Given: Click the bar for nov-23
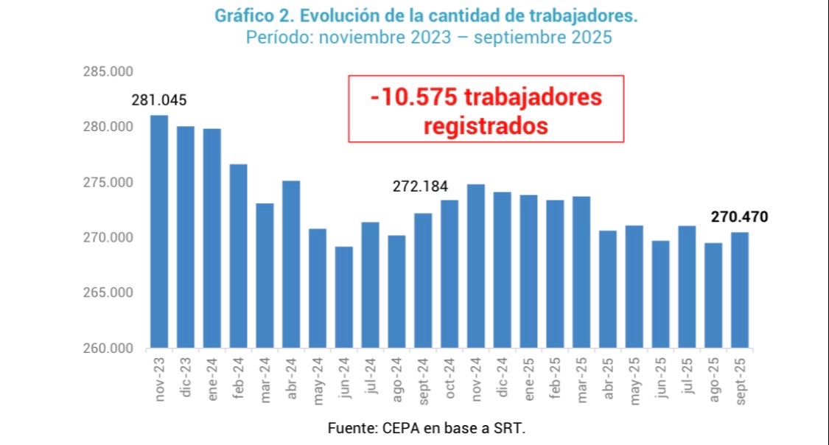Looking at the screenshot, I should [x=159, y=231].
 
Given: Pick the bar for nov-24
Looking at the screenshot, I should [x=476, y=266].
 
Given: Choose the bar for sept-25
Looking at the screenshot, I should [x=740, y=290].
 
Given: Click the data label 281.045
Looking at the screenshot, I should [x=159, y=100].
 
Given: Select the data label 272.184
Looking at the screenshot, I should [x=420, y=186].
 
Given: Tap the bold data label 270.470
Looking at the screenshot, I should [x=739, y=217].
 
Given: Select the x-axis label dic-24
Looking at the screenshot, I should [x=503, y=379].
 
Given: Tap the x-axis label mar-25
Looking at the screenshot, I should [x=582, y=379].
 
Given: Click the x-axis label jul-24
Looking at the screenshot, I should [x=371, y=379].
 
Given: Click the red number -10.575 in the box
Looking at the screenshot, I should [x=407, y=97].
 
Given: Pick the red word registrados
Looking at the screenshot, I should [x=486, y=125].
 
